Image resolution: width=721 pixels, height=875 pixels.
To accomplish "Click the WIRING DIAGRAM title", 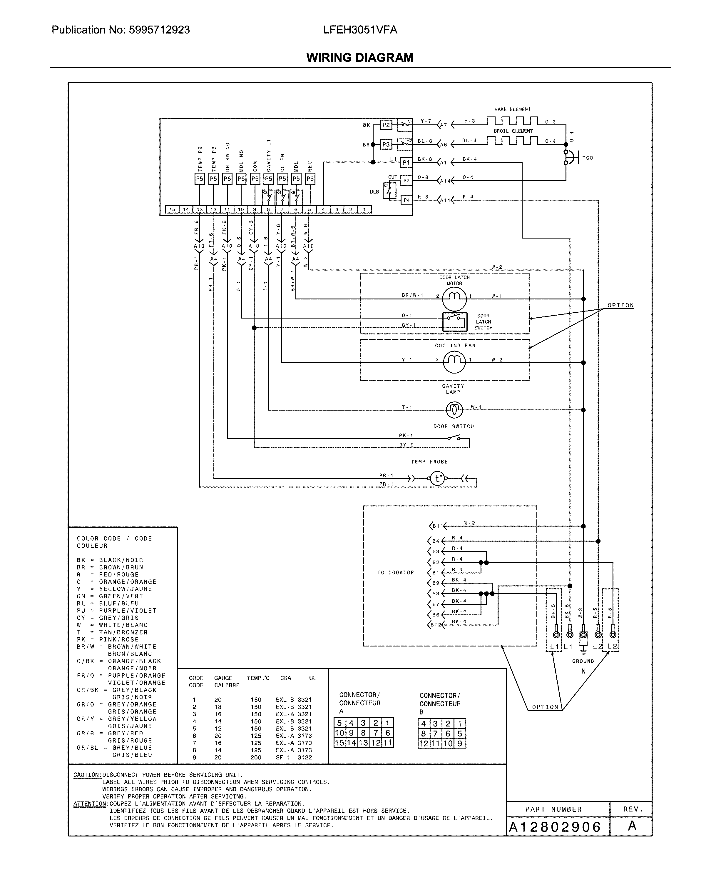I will pos(360,57).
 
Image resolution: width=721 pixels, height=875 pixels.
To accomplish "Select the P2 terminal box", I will pos(386,125).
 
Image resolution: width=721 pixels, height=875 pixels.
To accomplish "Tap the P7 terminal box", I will pos(406,181).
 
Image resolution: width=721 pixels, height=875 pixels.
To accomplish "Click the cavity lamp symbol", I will pos(454,410).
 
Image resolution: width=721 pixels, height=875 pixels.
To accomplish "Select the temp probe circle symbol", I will pos(437,479).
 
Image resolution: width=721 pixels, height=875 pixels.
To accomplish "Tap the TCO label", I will pos(588,158).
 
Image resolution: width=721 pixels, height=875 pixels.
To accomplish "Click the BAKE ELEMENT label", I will pos(512,110).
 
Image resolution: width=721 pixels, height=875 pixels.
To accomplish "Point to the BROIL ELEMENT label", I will pos(513,131).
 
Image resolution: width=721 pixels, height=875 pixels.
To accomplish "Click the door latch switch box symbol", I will pos(454,322).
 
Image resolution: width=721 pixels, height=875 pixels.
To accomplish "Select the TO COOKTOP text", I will pos(395,573).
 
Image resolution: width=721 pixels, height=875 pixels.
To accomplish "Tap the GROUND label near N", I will pos(583,661).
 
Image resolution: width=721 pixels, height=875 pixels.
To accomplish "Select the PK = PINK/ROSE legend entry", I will pos(108,639).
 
